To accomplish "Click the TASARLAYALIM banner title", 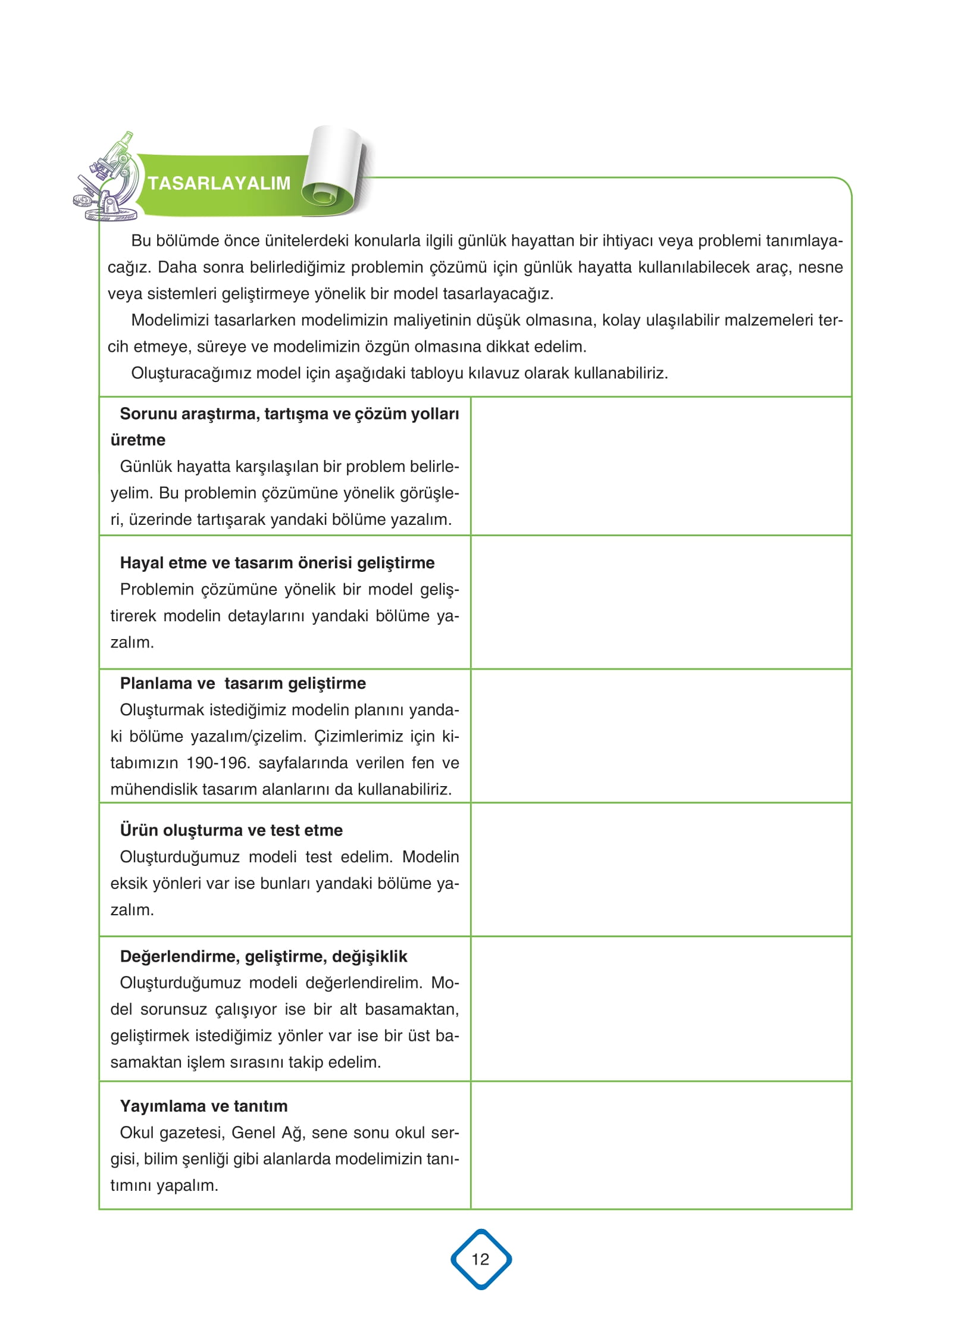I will [219, 183].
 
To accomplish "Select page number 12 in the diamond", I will [480, 1259].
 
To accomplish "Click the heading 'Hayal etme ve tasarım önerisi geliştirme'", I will [277, 562].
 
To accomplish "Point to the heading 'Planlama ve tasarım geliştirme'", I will [242, 683].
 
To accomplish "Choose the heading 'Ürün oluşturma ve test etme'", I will [231, 830].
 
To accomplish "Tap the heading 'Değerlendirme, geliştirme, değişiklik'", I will [263, 956].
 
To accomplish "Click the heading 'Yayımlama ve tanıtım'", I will [204, 1106].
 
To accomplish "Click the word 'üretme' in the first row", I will [138, 440].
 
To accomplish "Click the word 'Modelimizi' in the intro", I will [170, 320].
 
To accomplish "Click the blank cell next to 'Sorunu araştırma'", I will [661, 466].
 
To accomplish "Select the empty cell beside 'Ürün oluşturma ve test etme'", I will [661, 869].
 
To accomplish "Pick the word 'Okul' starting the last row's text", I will [136, 1132].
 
